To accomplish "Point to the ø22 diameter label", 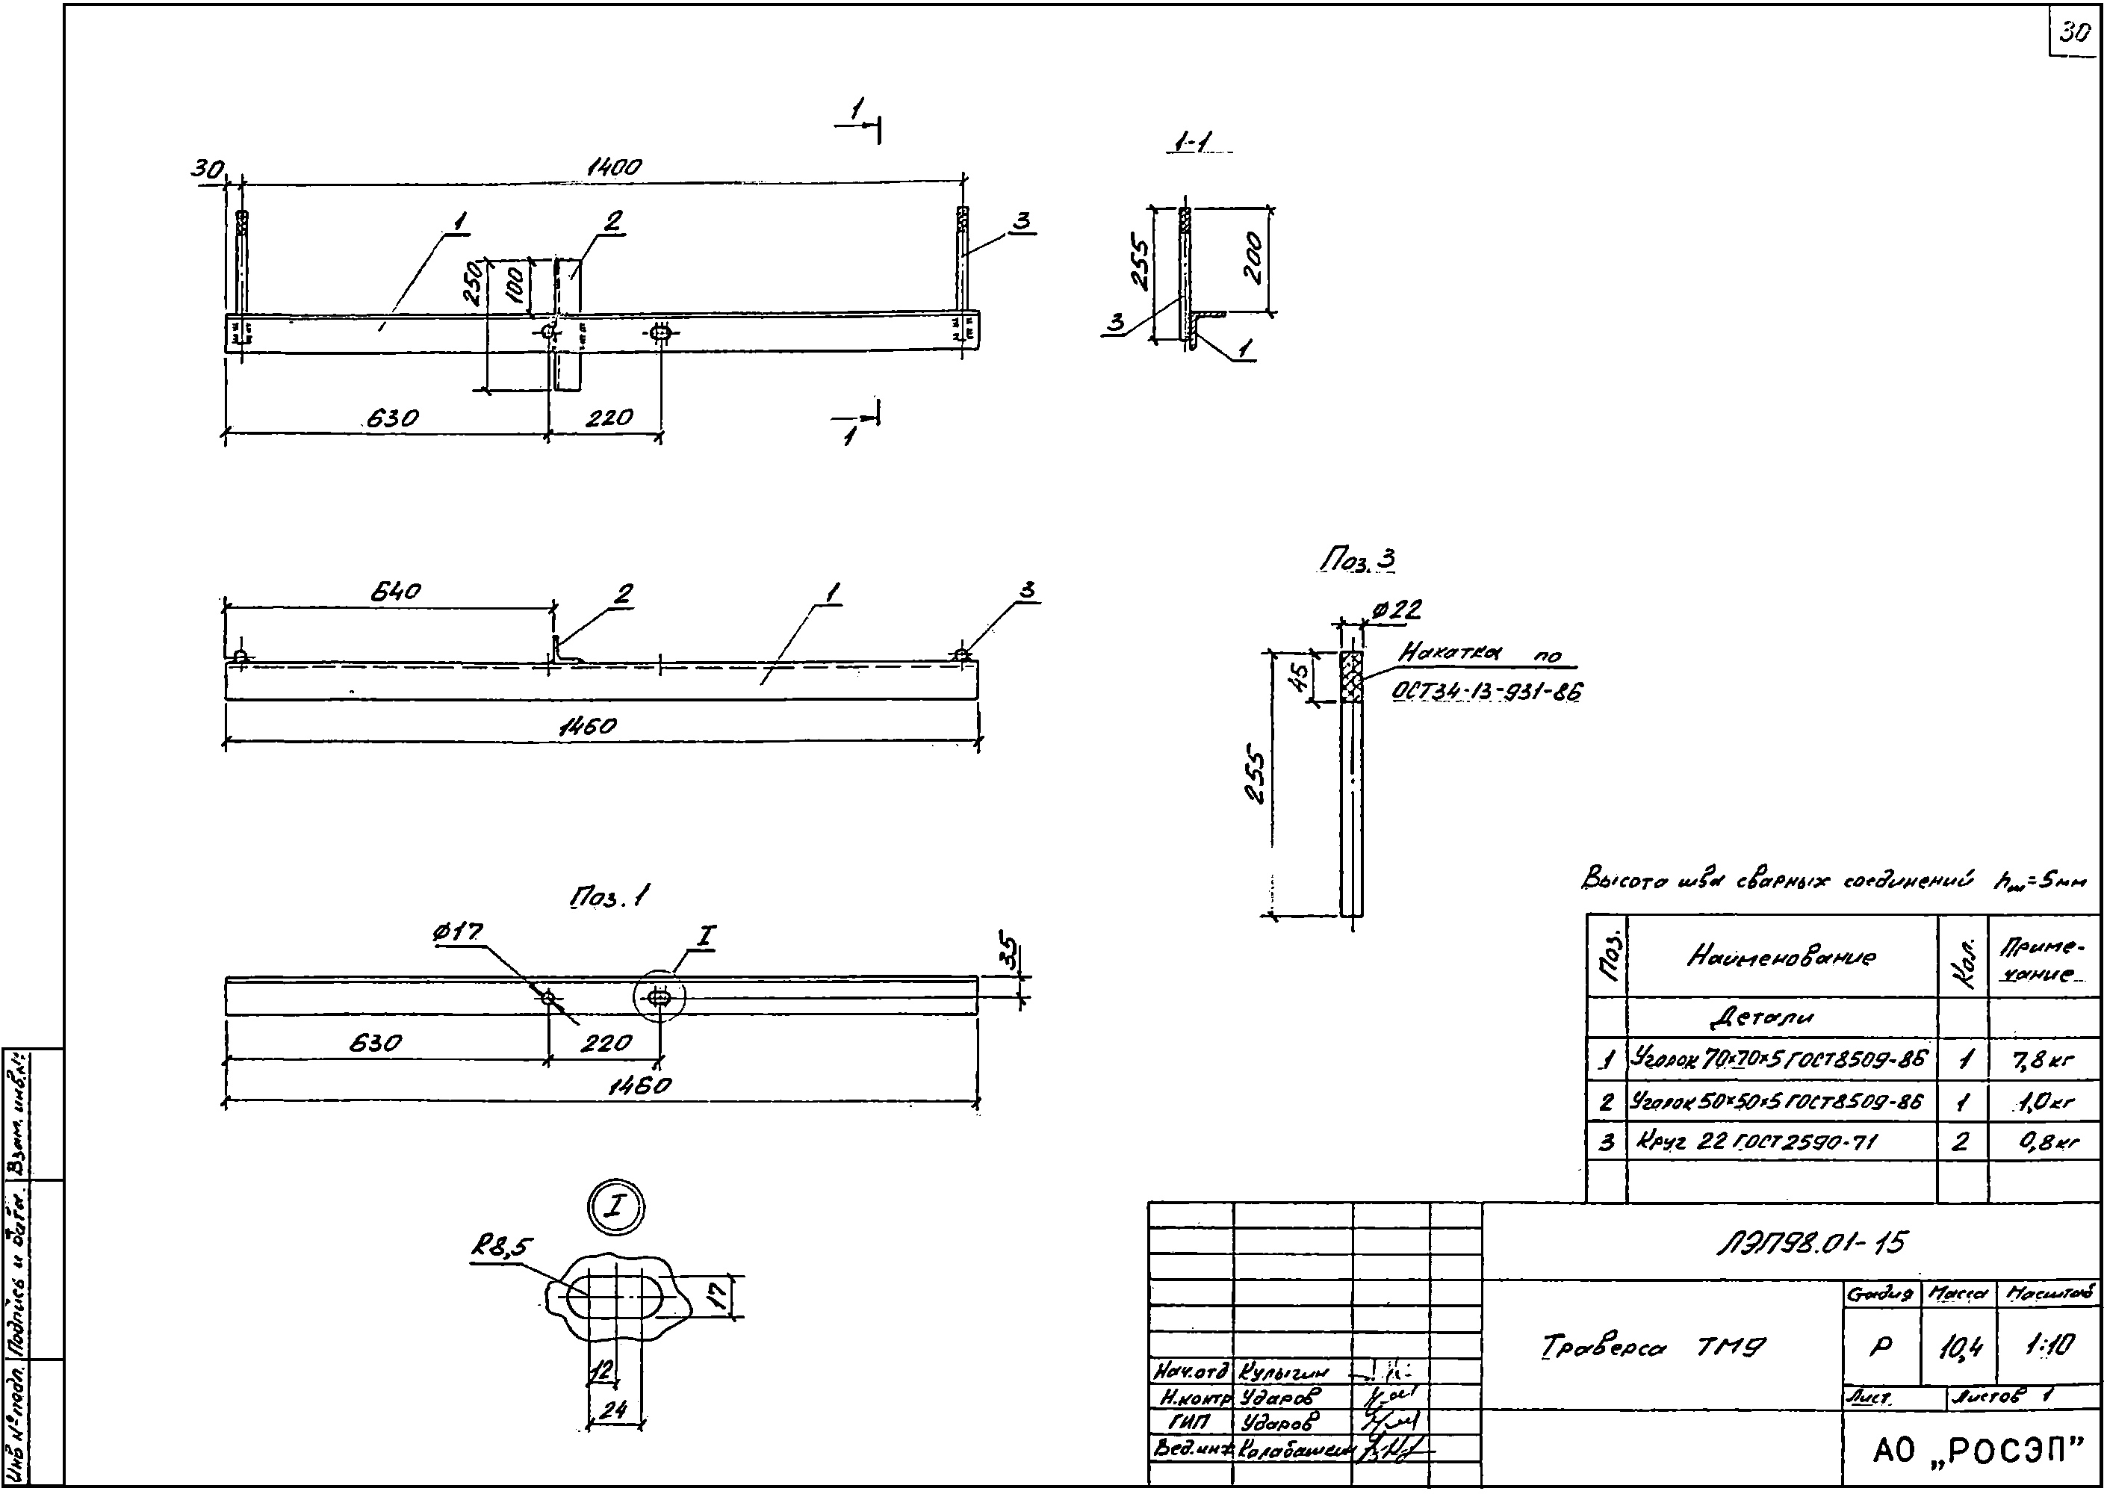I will pyautogui.click(x=1396, y=610).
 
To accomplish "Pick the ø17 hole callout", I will pyautogui.click(x=457, y=932).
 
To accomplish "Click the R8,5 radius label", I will pyautogui.click(x=502, y=1247).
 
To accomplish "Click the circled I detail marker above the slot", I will pyautogui.click(x=615, y=1207).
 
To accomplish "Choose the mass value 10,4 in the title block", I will pyautogui.click(x=1959, y=1348).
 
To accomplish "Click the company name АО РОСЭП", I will pyautogui.click(x=1976, y=1451).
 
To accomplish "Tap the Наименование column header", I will pyautogui.click(x=1781, y=957).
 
